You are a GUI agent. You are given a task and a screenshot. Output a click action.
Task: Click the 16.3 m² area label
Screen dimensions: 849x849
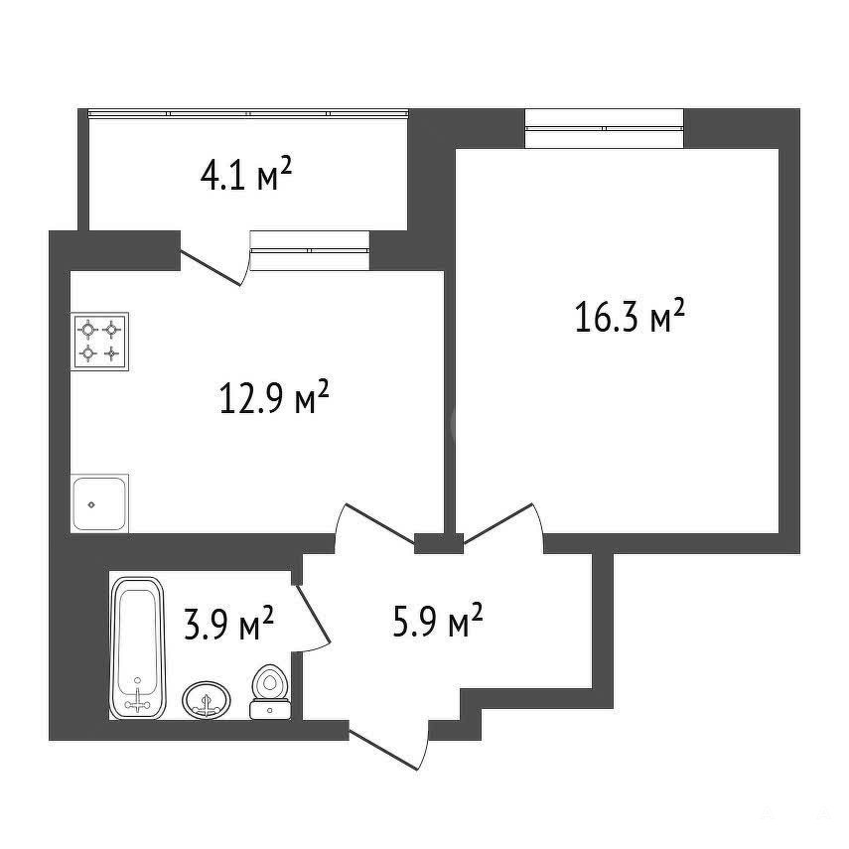630,316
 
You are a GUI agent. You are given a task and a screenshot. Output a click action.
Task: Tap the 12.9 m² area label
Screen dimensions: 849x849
274,397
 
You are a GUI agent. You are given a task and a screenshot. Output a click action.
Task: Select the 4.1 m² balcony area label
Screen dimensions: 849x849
246,174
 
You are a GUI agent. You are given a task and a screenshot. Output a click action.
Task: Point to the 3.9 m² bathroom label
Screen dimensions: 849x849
228,623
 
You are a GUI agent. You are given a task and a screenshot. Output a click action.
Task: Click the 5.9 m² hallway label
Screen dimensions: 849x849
437,621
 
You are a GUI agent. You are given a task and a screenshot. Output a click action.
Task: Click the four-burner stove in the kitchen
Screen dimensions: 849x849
99,342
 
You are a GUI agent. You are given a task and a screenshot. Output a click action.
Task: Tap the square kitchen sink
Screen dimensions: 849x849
99,503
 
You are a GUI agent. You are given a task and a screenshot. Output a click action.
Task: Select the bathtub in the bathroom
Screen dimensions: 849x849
138,648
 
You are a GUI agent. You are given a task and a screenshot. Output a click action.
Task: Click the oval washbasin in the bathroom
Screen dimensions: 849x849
207,700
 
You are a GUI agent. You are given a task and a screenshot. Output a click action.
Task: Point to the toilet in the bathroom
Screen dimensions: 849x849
270,692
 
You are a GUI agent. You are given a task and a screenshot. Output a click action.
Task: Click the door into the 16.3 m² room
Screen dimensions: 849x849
498,523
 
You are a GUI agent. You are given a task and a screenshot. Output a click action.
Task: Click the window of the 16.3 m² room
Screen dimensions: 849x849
604,128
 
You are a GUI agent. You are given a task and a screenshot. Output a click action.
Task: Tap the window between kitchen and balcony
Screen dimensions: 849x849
310,250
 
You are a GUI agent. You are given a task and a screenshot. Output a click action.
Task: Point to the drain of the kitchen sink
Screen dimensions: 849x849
91,504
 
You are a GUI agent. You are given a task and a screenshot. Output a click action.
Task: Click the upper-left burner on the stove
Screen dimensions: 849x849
87,329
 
